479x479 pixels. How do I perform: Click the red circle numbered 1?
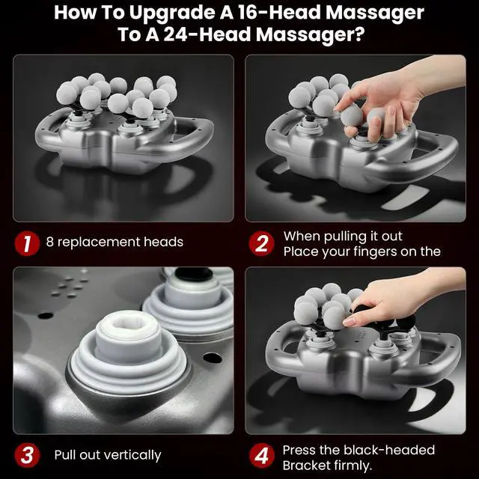(x=27, y=243)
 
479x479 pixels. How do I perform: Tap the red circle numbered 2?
(x=261, y=243)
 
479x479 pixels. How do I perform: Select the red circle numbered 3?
(x=27, y=455)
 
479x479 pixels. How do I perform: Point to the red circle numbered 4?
(x=261, y=456)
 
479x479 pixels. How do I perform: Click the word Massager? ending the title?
(x=311, y=34)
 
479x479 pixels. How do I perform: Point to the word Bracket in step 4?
(x=306, y=466)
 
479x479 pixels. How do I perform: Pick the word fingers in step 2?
(x=374, y=252)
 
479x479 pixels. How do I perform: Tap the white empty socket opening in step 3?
(x=128, y=323)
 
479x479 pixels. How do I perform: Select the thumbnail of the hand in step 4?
(x=349, y=321)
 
